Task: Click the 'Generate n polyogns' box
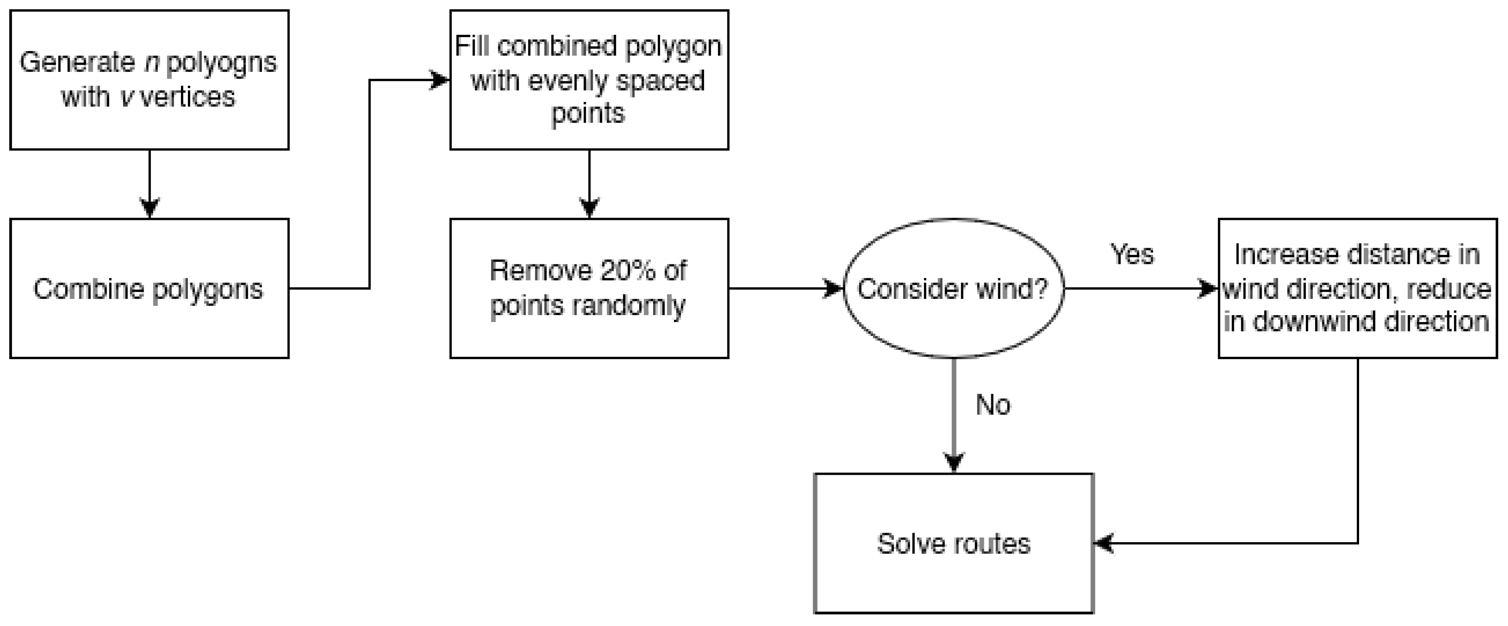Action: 149,80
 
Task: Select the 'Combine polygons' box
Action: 149,288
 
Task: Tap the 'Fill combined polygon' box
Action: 589,80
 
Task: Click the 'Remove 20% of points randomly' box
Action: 589,288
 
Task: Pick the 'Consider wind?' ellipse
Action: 954,288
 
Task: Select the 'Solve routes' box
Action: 954,543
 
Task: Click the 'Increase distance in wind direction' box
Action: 1357,288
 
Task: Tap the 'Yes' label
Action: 1132,255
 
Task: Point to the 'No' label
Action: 993,405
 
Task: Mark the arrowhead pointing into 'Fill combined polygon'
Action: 439,80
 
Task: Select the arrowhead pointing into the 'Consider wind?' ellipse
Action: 833,288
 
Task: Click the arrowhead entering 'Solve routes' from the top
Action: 954,463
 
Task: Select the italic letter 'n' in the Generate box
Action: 152,63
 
